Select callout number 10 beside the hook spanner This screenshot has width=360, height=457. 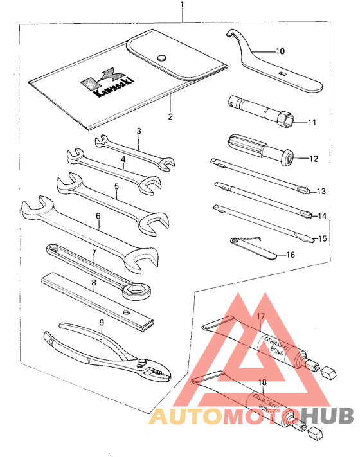280,51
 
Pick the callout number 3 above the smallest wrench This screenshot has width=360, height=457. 139,131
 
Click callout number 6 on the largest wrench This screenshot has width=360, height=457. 98,217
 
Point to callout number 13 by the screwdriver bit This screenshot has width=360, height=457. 321,192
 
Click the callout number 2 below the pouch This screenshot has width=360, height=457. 170,116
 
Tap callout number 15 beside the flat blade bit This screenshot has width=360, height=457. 322,238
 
